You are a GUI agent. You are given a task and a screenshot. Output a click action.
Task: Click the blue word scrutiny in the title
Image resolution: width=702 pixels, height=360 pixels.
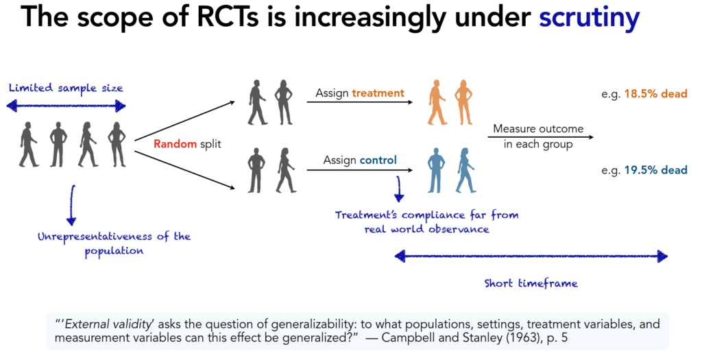coord(589,18)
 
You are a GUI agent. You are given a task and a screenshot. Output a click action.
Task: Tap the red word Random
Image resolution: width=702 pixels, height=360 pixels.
coord(175,144)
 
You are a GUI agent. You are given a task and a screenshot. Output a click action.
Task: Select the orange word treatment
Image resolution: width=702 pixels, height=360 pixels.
coord(378,93)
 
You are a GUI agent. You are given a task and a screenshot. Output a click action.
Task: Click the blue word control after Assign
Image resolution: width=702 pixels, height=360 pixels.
coord(378,160)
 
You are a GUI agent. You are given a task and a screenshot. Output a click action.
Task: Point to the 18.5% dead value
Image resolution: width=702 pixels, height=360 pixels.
coord(655,93)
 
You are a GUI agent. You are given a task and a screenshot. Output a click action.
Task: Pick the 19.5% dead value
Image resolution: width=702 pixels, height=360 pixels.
coord(655,170)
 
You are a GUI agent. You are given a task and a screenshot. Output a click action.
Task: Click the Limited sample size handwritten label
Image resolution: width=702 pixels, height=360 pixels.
coord(66,88)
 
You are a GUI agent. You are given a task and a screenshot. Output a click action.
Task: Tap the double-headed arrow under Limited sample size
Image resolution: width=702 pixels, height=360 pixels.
coord(66,106)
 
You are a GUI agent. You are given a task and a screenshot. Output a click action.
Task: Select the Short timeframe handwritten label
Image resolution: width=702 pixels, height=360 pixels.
coord(531,283)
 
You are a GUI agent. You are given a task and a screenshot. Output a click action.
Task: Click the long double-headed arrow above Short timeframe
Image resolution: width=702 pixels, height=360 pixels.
coord(531,256)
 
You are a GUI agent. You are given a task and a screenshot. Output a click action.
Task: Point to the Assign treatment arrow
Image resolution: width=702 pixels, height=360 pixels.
coord(359,103)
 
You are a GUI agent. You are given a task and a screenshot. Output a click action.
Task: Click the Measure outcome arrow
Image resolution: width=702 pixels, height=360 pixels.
coord(541,137)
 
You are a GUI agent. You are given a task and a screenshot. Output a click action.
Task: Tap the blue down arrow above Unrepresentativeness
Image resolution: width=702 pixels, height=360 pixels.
coord(71,204)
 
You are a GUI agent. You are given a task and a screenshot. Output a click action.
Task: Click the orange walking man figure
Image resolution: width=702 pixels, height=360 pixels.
coord(437,103)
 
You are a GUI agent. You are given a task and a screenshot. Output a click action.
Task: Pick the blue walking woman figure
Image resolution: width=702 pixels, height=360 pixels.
coord(466,170)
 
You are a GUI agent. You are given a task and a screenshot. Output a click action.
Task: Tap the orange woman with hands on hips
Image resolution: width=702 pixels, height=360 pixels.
coord(463,103)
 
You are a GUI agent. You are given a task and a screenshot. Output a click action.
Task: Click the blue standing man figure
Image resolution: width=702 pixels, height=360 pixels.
coord(436,170)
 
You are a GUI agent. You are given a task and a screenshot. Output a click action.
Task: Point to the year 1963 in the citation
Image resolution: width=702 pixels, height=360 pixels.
coord(527,337)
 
